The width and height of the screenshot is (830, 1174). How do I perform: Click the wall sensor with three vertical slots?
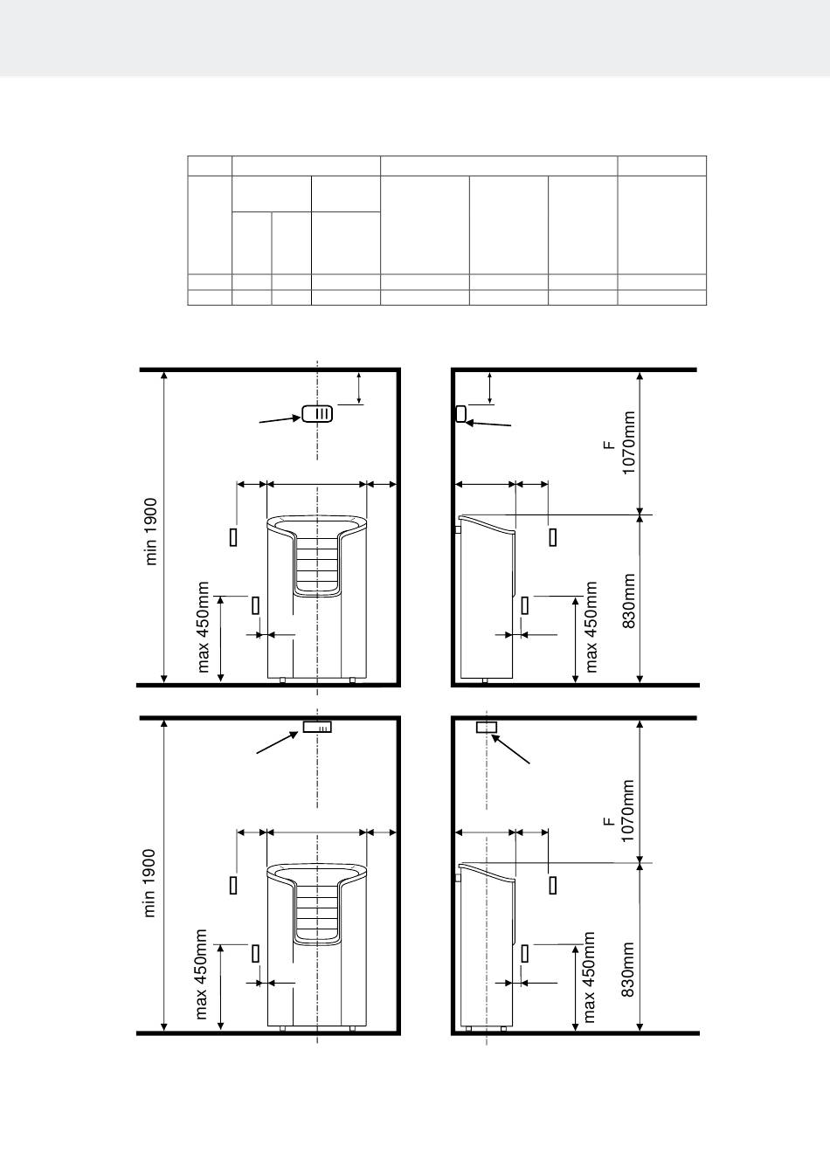317,414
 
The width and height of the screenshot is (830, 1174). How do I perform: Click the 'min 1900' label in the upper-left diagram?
151,531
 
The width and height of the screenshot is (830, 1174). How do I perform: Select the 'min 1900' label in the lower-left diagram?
149,883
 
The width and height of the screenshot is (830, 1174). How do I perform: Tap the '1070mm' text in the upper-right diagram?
628,443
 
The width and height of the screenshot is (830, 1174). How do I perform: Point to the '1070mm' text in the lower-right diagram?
627,811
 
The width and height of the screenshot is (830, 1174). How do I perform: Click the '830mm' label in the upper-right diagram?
628,601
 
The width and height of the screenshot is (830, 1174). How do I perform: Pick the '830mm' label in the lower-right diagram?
627,970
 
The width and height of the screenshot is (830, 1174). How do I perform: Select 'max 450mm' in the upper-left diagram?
203,627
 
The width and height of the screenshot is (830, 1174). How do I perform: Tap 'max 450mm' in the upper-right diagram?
591,627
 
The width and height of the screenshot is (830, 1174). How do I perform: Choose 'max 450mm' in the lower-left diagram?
201,975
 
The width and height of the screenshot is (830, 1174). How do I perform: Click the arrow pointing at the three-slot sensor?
280,419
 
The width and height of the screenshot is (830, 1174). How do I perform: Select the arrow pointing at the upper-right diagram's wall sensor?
488,424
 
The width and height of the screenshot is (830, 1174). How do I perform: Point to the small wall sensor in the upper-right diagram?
461,414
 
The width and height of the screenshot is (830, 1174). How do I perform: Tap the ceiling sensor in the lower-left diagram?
317,727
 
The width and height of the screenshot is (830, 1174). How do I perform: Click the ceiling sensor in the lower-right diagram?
486,727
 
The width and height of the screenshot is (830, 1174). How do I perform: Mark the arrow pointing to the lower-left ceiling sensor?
277,742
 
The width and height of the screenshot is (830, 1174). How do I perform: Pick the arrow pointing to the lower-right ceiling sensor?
510,749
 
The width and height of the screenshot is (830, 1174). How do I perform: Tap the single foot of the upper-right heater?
485,680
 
